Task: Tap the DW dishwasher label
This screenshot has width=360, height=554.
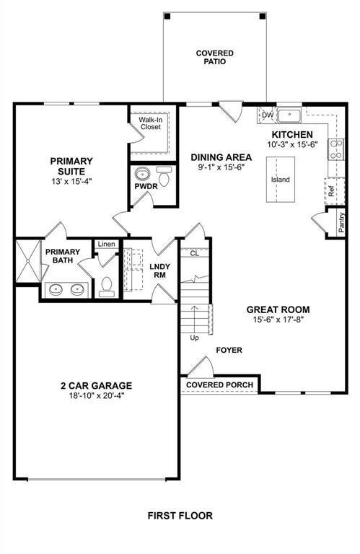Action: [x=267, y=115]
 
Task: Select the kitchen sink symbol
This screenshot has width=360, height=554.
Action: [x=291, y=115]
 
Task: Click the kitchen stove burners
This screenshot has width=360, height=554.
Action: [x=336, y=149]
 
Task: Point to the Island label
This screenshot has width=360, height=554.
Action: [x=281, y=179]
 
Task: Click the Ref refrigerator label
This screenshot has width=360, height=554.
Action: [x=331, y=193]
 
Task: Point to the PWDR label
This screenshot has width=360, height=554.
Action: [x=146, y=187]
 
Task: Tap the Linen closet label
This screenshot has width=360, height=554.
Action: [x=107, y=244]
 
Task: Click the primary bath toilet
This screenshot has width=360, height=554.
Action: [x=107, y=287]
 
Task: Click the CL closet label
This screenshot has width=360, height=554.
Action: [x=193, y=253]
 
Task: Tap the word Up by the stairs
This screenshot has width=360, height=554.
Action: [x=193, y=338]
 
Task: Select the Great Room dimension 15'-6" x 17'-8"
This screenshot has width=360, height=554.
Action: [x=277, y=319]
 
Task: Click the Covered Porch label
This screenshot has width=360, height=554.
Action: [x=220, y=385]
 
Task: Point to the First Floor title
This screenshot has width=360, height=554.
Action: [x=180, y=516]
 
